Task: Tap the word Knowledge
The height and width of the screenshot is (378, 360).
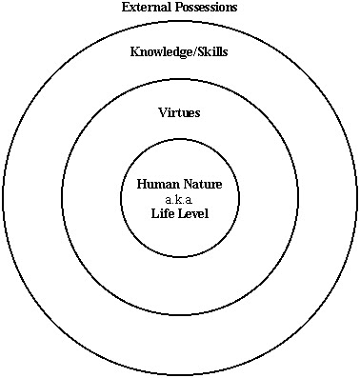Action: pyautogui.click(x=160, y=51)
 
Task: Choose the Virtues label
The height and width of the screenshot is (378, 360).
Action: pyautogui.click(x=179, y=112)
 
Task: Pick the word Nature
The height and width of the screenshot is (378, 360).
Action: pyautogui.click(x=202, y=184)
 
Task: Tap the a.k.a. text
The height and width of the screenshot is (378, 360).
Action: pyautogui.click(x=179, y=199)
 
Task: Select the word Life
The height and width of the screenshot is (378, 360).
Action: pyautogui.click(x=162, y=213)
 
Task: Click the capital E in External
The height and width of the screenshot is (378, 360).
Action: pyautogui.click(x=126, y=8)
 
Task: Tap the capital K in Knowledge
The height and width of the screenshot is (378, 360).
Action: pyautogui.click(x=134, y=51)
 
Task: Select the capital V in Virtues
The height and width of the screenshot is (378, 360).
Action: pyautogui.click(x=162, y=112)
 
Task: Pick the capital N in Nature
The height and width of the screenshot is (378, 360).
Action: pyautogui.click(x=186, y=184)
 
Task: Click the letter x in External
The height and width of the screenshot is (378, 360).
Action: pyautogui.click(x=133, y=9)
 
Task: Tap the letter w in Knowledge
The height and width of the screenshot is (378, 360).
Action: pyautogui.click(x=157, y=52)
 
